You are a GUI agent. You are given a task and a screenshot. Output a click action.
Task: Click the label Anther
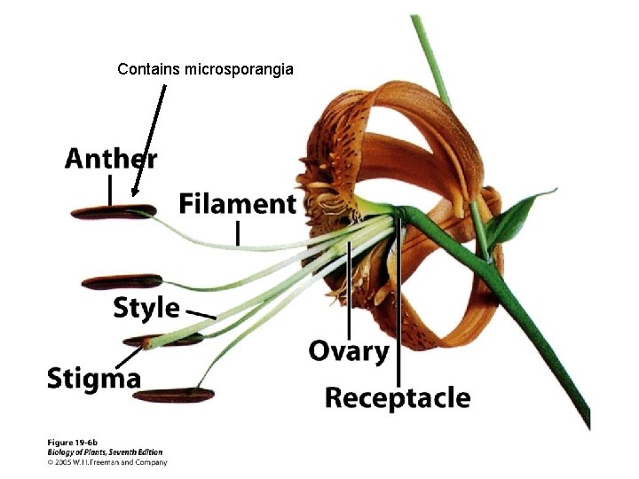click(x=111, y=159)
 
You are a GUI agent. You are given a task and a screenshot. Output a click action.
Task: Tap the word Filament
click(x=237, y=203)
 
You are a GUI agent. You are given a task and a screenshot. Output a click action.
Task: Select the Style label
click(x=146, y=308)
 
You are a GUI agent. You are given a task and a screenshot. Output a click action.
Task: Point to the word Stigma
click(x=94, y=379)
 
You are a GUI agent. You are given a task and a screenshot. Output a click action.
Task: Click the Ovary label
click(x=349, y=351)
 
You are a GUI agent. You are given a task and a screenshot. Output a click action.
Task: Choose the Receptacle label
click(x=397, y=397)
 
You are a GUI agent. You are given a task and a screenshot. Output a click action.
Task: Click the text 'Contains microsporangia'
click(x=205, y=68)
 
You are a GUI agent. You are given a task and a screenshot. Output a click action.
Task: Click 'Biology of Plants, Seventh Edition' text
click(x=103, y=452)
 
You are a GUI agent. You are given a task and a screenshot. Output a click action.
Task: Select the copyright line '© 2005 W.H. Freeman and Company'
click(x=106, y=461)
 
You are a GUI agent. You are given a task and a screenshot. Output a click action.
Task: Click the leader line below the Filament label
click(x=238, y=232)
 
